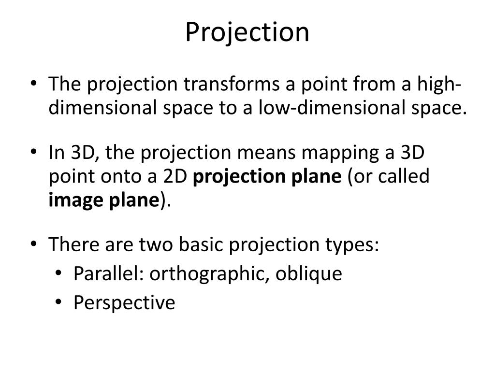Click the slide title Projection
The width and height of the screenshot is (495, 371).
247,32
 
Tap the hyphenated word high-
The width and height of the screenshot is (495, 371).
449,85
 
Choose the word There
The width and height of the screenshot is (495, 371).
73,245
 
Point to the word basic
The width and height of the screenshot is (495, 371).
203,245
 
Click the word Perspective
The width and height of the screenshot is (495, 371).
124,303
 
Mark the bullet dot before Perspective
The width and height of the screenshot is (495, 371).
58,303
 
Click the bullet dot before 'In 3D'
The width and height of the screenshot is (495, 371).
33,153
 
